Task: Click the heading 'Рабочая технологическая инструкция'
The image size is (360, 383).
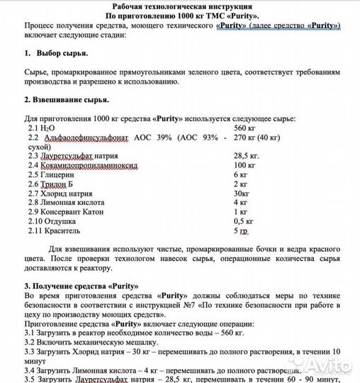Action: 181,5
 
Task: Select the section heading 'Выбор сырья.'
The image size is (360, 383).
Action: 63,54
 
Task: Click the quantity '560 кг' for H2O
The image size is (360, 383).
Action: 244,126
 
